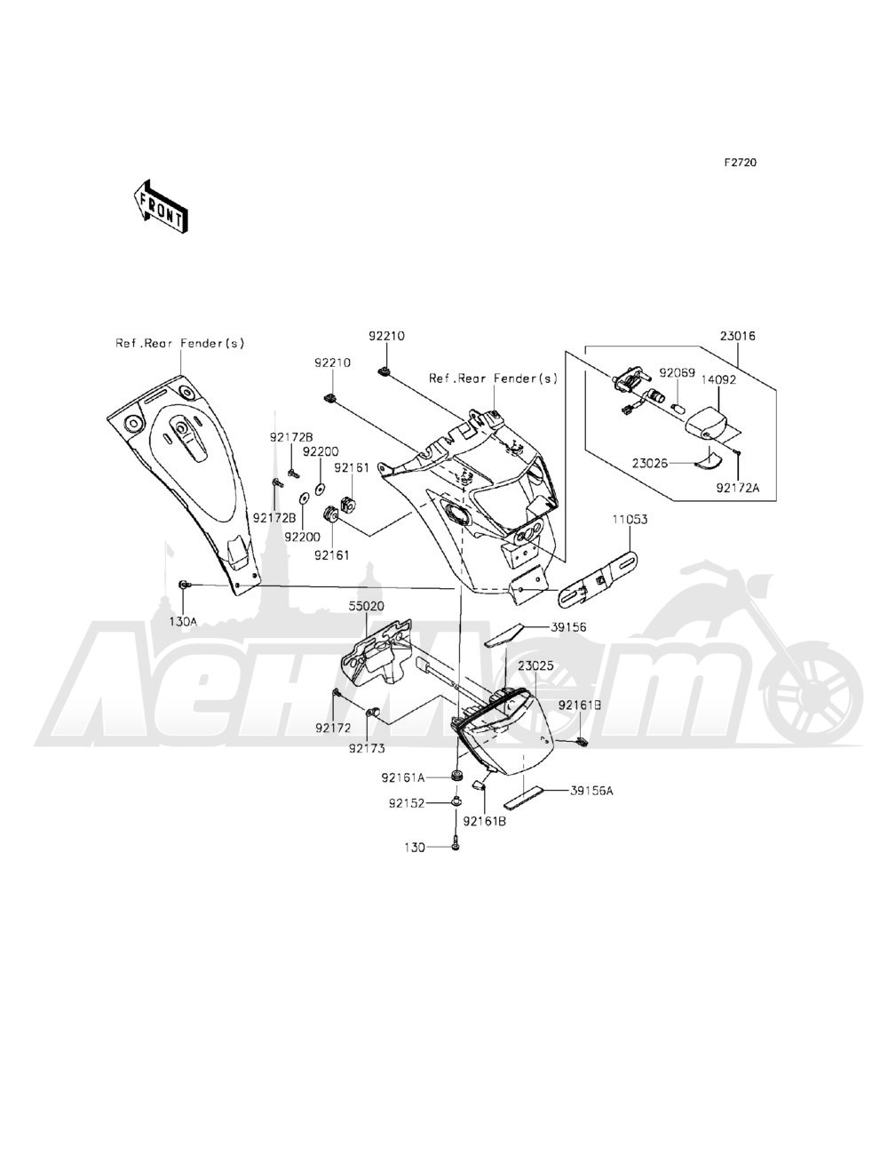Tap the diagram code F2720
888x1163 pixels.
[x=739, y=163]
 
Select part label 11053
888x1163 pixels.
[x=627, y=518]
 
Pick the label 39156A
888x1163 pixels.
[x=591, y=789]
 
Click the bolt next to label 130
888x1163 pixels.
[x=455, y=845]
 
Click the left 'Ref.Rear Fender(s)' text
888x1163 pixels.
[x=179, y=343]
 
